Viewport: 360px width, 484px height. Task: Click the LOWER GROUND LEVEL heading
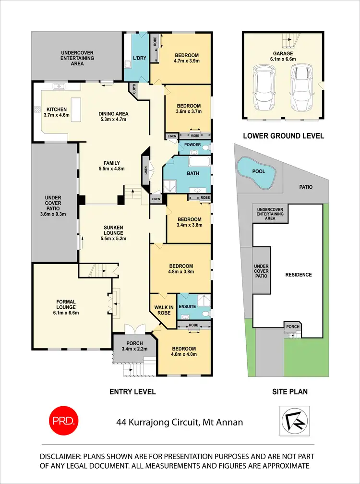(x=283, y=136)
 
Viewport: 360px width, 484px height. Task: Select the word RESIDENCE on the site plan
(x=299, y=275)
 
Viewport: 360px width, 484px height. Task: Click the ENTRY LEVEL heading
(x=132, y=392)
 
